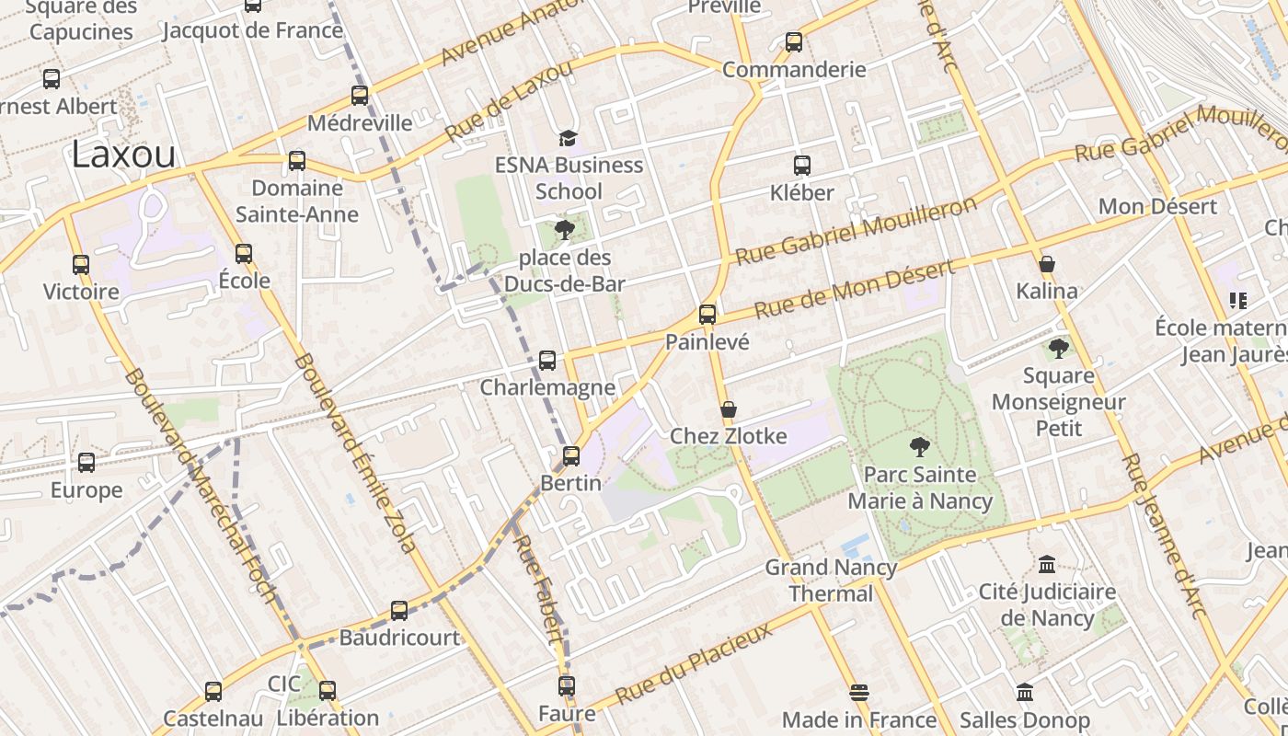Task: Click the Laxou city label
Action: pyautogui.click(x=123, y=155)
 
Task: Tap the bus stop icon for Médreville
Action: pyautogui.click(x=360, y=95)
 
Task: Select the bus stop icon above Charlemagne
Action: pyautogui.click(x=547, y=360)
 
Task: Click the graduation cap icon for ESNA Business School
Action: pyautogui.click(x=568, y=138)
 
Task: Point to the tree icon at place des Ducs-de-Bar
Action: pyautogui.click(x=565, y=229)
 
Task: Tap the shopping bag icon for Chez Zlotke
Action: pyautogui.click(x=729, y=408)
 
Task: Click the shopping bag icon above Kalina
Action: pyautogui.click(x=1046, y=264)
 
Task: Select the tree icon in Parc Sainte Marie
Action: pyautogui.click(x=919, y=447)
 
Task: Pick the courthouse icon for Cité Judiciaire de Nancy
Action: pyautogui.click(x=1047, y=564)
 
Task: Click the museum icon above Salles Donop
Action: pyautogui.click(x=1025, y=692)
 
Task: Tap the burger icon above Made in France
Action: pyautogui.click(x=859, y=692)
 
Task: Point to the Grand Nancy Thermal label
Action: pyautogui.click(x=831, y=581)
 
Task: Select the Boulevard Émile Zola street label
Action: pyautogui.click(x=355, y=453)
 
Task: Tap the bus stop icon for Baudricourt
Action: pyautogui.click(x=399, y=610)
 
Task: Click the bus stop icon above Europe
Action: pyautogui.click(x=86, y=462)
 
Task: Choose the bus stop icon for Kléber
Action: pyautogui.click(x=802, y=166)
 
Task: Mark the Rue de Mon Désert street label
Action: pyautogui.click(x=854, y=289)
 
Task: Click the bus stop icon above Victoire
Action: pyautogui.click(x=81, y=265)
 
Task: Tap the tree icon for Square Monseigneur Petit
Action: pyautogui.click(x=1059, y=348)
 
